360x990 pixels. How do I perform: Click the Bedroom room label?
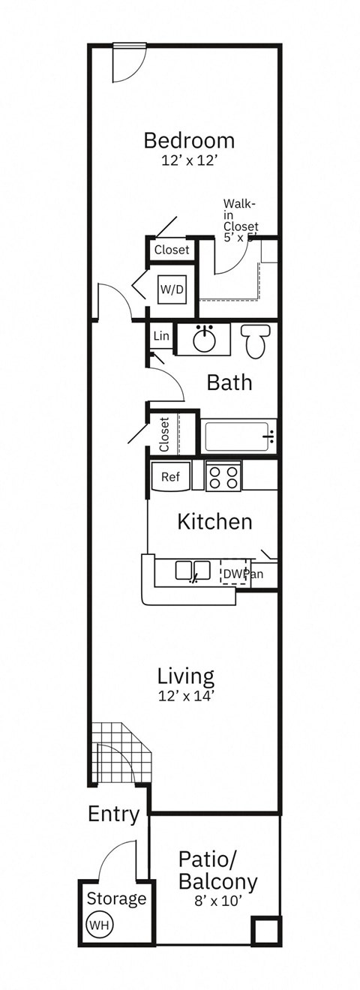click(x=189, y=140)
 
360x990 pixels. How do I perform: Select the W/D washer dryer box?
click(x=171, y=288)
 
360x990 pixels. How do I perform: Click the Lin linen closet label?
click(x=161, y=337)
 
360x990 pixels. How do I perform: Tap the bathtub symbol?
click(x=238, y=435)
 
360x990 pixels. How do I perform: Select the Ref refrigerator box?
click(x=170, y=476)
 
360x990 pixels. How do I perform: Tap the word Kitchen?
click(x=214, y=521)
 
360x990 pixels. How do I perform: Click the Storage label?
click(x=116, y=898)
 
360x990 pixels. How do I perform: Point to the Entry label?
click(x=113, y=814)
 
